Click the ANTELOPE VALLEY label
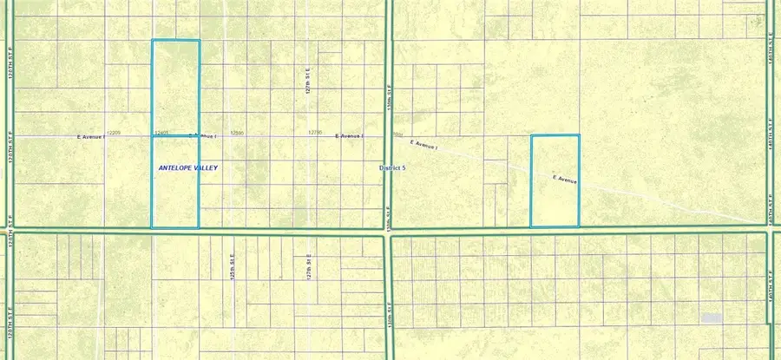pyautogui.click(x=187, y=167)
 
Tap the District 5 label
pyautogui.click(x=392, y=167)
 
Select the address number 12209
pyautogui.click(x=113, y=133)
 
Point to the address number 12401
pyautogui.click(x=161, y=133)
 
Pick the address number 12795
pyautogui.click(x=315, y=133)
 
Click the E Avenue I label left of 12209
pyautogui.click(x=90, y=136)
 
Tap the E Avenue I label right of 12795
pyautogui.click(x=351, y=136)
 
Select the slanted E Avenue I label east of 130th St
pyautogui.click(x=429, y=145)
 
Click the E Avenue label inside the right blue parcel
pyautogui.click(x=565, y=180)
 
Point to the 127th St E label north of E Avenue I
pyautogui.click(x=307, y=84)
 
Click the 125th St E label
pyautogui.click(x=233, y=265)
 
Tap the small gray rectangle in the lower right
pyautogui.click(x=712, y=318)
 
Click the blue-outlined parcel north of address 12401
pyautogui.click(x=175, y=87)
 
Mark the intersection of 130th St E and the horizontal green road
pyautogui.click(x=388, y=231)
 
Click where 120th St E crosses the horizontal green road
pyautogui.click(x=10, y=230)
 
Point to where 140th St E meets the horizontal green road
pyautogui.click(x=770, y=231)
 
